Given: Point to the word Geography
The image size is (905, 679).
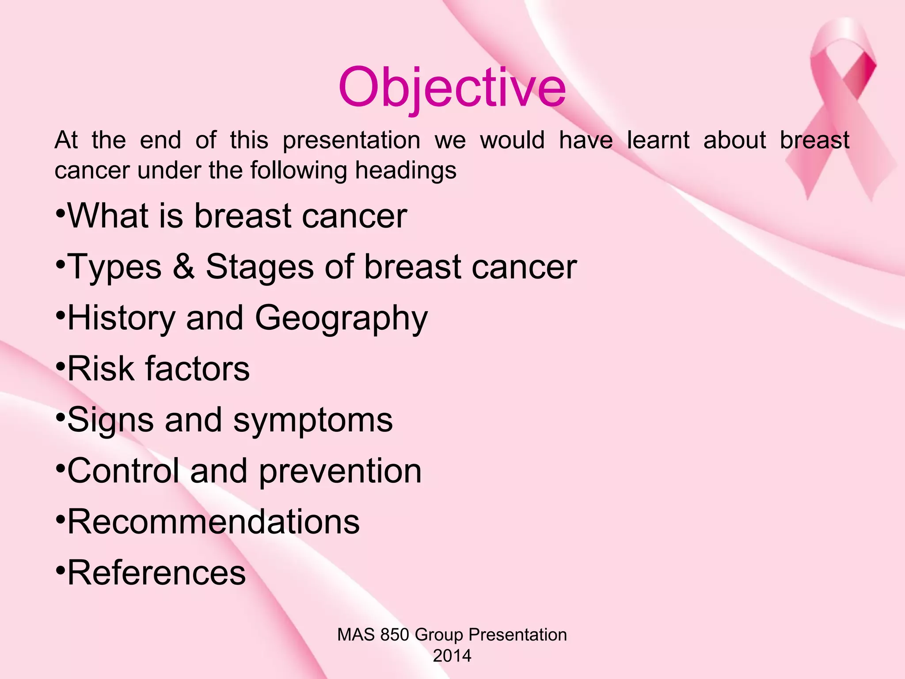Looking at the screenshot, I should coord(341,318).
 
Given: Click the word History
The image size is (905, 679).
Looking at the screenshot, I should coord(122,318).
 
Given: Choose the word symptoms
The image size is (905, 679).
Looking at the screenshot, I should coord(313,420).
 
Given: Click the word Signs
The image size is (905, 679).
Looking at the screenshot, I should coord(110,420).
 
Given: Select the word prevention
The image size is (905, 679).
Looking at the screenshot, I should coord(340,471).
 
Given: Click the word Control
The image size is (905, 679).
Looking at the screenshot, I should coord(123,471).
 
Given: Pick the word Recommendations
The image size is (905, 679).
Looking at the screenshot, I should coord(213,522).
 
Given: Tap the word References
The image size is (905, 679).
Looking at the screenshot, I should coord(156,572).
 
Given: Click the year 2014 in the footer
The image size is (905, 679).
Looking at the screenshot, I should coord(452,656).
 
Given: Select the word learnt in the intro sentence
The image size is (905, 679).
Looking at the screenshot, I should coord(658,141).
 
